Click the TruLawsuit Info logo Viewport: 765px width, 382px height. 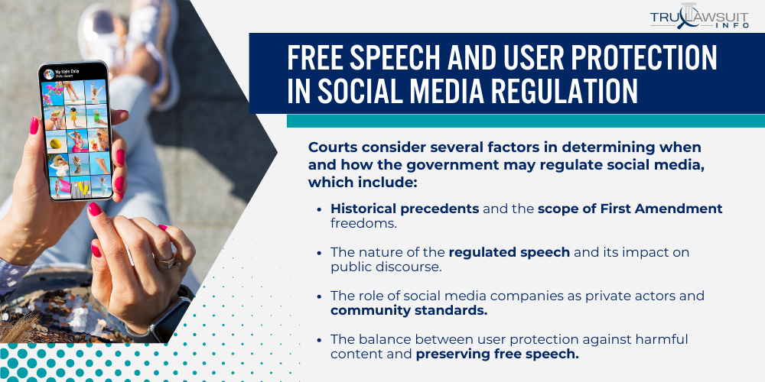(x=698, y=18)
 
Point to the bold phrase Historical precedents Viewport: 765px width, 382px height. (x=405, y=209)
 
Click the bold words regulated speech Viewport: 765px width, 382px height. (x=509, y=252)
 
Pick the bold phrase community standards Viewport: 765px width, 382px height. (x=409, y=310)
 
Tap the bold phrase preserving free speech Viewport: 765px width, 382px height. (x=497, y=354)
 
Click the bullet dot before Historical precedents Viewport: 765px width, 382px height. (x=319, y=209)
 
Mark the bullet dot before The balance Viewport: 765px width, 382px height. (x=319, y=340)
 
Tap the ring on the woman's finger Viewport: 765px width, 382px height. (x=168, y=261)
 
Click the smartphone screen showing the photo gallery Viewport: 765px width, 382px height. (x=77, y=132)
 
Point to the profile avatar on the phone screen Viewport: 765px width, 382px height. (x=49, y=74)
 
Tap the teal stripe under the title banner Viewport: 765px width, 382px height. (x=526, y=121)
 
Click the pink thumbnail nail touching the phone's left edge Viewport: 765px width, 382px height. (x=34, y=126)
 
